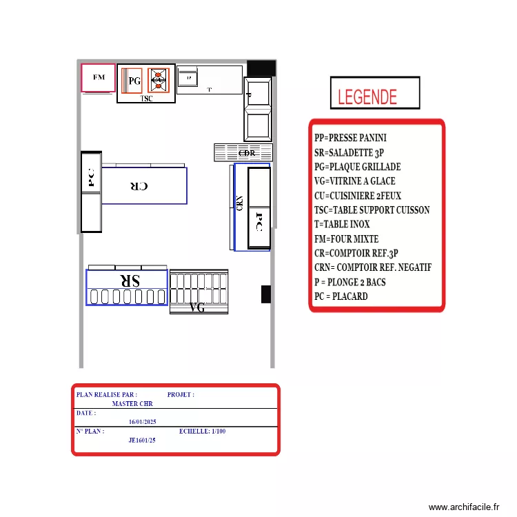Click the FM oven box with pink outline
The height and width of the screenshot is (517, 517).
(99, 78)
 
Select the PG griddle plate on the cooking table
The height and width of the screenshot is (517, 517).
(132, 81)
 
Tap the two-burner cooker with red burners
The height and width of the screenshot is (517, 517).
(159, 80)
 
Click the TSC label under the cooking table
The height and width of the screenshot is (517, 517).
(147, 99)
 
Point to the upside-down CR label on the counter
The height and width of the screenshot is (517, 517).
(139, 186)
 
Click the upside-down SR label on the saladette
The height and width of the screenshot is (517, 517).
(129, 281)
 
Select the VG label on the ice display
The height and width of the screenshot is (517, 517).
(197, 308)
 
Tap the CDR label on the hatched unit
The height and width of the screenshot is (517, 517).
(247, 153)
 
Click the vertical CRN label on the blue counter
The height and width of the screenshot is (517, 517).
(239, 205)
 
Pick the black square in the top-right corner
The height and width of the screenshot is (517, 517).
(261, 68)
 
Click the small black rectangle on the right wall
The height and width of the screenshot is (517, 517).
(265, 294)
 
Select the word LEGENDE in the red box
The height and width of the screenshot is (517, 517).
(367, 97)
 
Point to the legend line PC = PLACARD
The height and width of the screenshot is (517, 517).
(341, 296)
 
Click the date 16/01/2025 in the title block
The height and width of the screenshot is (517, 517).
(143, 422)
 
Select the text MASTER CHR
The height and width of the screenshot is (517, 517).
(132, 404)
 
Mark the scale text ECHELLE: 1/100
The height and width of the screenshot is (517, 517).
(202, 432)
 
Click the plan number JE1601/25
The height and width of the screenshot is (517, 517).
(142, 440)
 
